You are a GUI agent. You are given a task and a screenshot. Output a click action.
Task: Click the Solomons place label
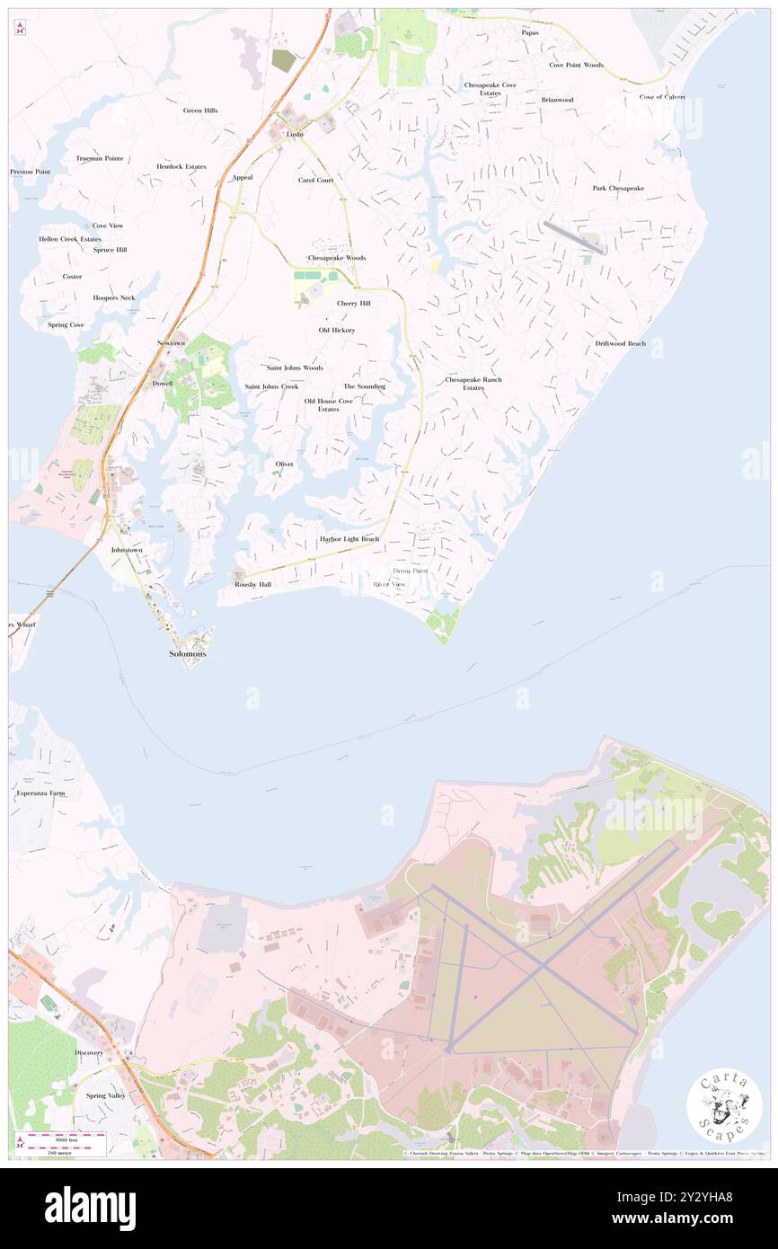[x=188, y=653]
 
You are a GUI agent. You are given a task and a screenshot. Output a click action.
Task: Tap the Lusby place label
[x=296, y=134]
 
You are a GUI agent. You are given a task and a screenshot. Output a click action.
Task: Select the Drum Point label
[x=411, y=571]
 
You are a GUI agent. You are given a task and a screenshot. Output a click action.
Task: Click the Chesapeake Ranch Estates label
[x=473, y=383]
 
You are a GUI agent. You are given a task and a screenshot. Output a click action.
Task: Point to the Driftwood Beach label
[x=620, y=343]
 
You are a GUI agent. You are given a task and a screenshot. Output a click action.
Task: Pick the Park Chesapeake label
[x=618, y=188]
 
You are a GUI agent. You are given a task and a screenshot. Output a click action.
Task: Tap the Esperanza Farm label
[x=40, y=793]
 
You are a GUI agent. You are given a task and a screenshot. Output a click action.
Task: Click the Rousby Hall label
[x=252, y=584]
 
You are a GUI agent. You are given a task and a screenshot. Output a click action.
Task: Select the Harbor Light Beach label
[x=349, y=539]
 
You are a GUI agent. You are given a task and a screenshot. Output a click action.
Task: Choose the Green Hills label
[x=200, y=111]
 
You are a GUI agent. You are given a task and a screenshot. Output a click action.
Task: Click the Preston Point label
[x=31, y=171]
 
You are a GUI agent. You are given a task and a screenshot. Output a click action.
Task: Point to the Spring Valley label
[x=105, y=1095]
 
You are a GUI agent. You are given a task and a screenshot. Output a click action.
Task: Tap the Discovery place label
[x=89, y=1052]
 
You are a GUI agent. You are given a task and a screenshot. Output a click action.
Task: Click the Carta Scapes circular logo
[x=724, y=1106]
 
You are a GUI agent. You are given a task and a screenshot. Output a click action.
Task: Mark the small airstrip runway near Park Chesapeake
[x=572, y=236]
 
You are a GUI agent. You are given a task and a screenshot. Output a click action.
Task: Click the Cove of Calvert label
[x=662, y=96]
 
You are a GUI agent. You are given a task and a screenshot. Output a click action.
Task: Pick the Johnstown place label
[x=127, y=549]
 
